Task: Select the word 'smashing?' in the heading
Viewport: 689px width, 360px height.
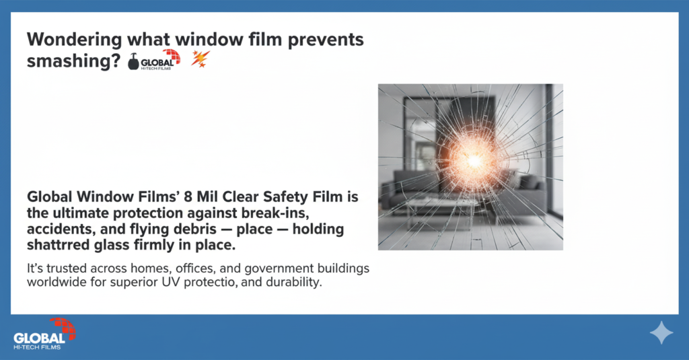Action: [73, 61]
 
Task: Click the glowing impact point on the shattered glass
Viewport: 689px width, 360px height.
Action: [474, 160]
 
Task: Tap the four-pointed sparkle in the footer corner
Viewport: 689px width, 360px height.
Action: [661, 332]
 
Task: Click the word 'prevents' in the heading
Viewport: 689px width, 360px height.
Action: [316, 40]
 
